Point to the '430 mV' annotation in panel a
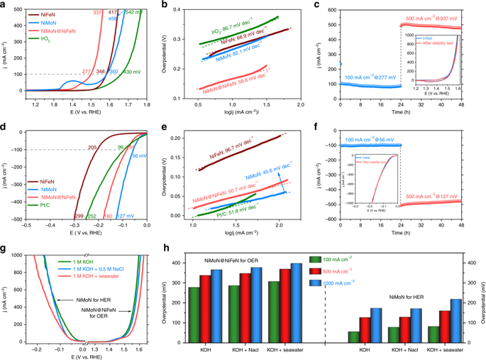coord(132,72)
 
